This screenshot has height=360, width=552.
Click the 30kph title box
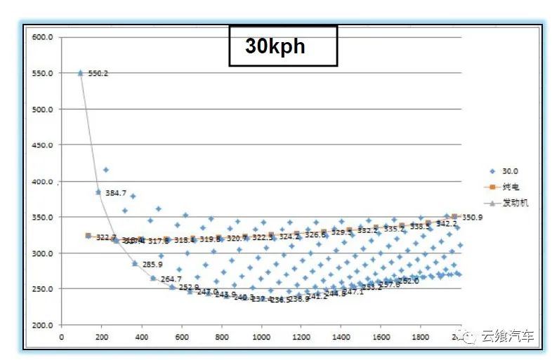pos(283,46)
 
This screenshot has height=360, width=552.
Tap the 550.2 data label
pos(98,73)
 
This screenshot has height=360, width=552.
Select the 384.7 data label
pos(116,193)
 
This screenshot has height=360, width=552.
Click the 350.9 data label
pos(473,218)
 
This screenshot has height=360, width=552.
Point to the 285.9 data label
pos(152,265)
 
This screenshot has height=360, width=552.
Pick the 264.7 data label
pos(171,279)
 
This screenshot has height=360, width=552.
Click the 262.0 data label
pos(408,281)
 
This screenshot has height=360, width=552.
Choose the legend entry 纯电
pos(511,187)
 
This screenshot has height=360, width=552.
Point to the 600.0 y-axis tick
pos(43,37)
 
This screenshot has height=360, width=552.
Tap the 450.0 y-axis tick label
pos(43,145)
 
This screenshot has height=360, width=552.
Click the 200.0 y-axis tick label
pos(43,325)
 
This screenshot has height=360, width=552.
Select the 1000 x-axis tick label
pos(261,337)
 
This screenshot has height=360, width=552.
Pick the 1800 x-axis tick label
pos(421,337)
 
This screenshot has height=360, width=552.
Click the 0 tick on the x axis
pos(61,337)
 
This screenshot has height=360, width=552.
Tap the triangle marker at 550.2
pos(80,73)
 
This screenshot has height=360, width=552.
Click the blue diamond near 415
pos(105,170)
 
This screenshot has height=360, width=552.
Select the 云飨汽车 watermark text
pos(507,338)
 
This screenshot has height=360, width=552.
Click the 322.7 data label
pos(106,238)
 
